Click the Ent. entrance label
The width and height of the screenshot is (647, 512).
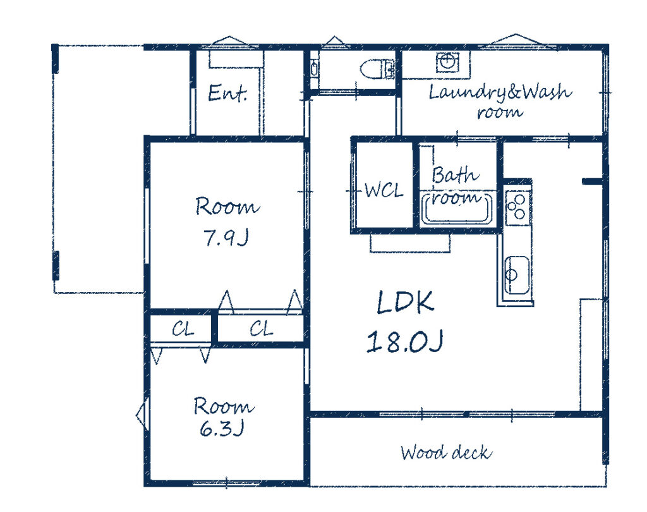[x=227, y=93]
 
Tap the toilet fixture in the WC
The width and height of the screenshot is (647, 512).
[x=377, y=68]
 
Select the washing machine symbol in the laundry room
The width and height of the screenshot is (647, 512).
[x=447, y=63]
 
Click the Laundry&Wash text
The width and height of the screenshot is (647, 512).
[x=500, y=92]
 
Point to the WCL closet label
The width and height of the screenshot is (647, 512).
[x=384, y=191]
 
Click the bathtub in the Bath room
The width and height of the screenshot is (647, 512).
[x=457, y=209]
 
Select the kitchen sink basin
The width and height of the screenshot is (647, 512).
[x=517, y=275]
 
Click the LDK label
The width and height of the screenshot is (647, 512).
[x=405, y=302]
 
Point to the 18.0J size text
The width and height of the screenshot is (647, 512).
[x=405, y=341]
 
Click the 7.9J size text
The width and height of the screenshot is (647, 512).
[x=226, y=238]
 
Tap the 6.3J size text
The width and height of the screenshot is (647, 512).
[x=222, y=428]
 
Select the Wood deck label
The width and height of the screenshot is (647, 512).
[x=446, y=453]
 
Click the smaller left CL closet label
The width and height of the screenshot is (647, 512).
[x=183, y=329]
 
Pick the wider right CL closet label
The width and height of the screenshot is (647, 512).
[x=261, y=329]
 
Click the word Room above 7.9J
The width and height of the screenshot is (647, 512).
[x=227, y=206]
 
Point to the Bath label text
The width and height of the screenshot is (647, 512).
[x=456, y=175]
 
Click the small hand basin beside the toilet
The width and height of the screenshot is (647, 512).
[x=314, y=68]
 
